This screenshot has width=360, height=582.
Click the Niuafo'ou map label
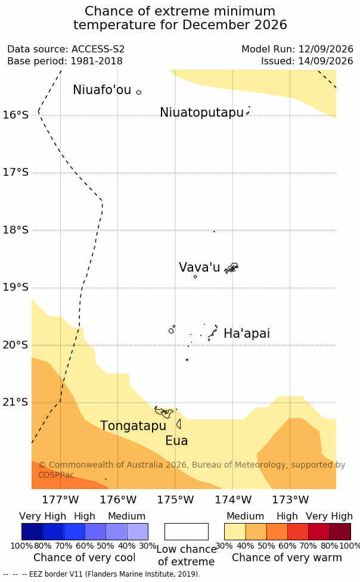click(102, 90)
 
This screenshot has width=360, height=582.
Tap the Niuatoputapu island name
click(201, 112)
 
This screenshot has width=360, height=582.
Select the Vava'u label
click(200, 267)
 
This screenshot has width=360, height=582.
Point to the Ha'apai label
click(247, 334)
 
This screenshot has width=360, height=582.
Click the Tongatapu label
click(133, 426)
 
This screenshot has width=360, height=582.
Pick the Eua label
click(176, 441)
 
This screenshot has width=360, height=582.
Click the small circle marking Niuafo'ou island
click(138, 92)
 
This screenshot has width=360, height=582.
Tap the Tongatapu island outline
click(164, 412)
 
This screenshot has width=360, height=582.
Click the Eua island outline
click(179, 424)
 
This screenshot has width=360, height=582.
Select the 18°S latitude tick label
click(15, 230)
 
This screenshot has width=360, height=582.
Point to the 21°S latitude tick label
click(15, 402)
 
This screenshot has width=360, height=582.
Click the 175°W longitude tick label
click(175, 500)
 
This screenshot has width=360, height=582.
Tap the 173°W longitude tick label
click(290, 500)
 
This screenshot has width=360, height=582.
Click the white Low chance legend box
click(187, 531)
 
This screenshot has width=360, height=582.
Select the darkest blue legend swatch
click(32, 531)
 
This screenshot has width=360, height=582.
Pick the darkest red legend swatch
click(340, 531)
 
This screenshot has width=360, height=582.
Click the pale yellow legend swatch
click(235, 531)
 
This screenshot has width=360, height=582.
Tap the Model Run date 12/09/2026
click(326, 49)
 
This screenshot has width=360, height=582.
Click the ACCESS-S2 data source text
click(98, 49)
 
